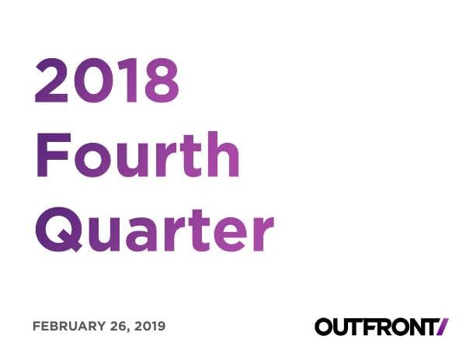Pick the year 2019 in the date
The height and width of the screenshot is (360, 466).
[x=149, y=327]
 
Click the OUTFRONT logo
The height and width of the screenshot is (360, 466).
[x=381, y=327]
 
